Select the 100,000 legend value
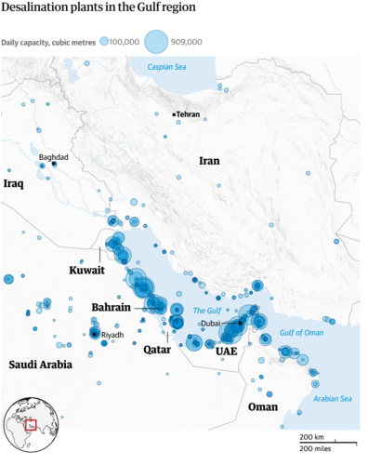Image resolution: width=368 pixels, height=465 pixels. (125, 42)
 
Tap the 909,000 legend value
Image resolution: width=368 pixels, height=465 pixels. (189, 42)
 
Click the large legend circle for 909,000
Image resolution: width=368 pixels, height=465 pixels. (156, 41)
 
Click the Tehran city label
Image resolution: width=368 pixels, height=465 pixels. (188, 114)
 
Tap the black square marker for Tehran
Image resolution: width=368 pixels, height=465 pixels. (173, 114)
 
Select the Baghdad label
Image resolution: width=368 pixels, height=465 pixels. (53, 157)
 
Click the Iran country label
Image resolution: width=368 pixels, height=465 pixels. (210, 161)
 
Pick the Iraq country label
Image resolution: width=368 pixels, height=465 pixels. (13, 184)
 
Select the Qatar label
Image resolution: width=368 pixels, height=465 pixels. (155, 352)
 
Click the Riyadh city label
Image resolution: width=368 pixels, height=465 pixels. (112, 335)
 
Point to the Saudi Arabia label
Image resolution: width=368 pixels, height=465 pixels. (40, 365)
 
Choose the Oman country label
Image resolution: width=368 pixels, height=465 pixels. (263, 406)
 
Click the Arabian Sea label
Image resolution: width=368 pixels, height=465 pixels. (332, 399)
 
